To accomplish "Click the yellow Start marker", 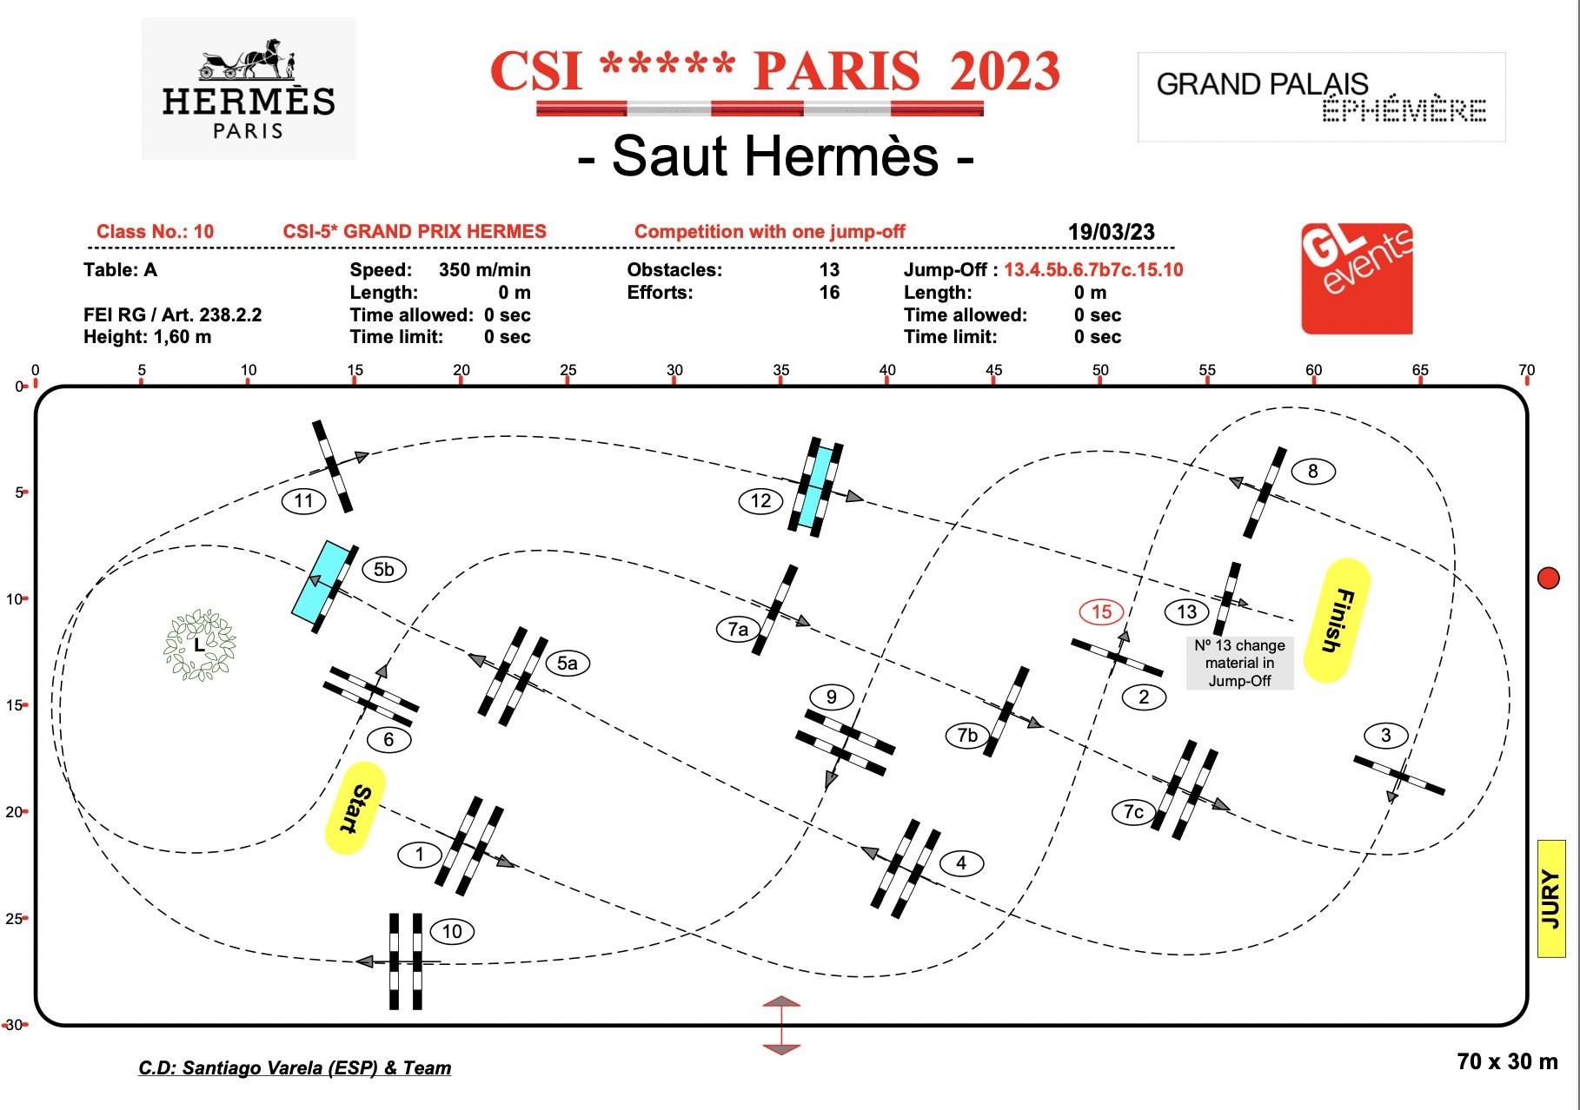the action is [x=355, y=808].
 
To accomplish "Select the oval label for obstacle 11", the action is [x=303, y=500].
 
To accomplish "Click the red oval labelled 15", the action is [x=1101, y=611].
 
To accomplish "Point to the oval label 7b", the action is [x=967, y=736].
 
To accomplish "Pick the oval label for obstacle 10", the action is [x=452, y=932].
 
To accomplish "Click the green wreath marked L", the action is [x=200, y=644].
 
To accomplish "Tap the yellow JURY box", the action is [x=1551, y=899].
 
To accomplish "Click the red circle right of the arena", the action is [x=1548, y=578].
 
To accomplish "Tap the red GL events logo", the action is [x=1357, y=279].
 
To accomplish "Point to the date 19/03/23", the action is [x=1111, y=232].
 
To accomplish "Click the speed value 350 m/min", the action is [x=484, y=269].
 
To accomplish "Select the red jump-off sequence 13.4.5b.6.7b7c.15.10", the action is [x=1093, y=269].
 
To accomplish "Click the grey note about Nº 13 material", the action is [x=1239, y=663].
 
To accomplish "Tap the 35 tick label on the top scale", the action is [x=781, y=370].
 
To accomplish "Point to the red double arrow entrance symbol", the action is [x=781, y=1025].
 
